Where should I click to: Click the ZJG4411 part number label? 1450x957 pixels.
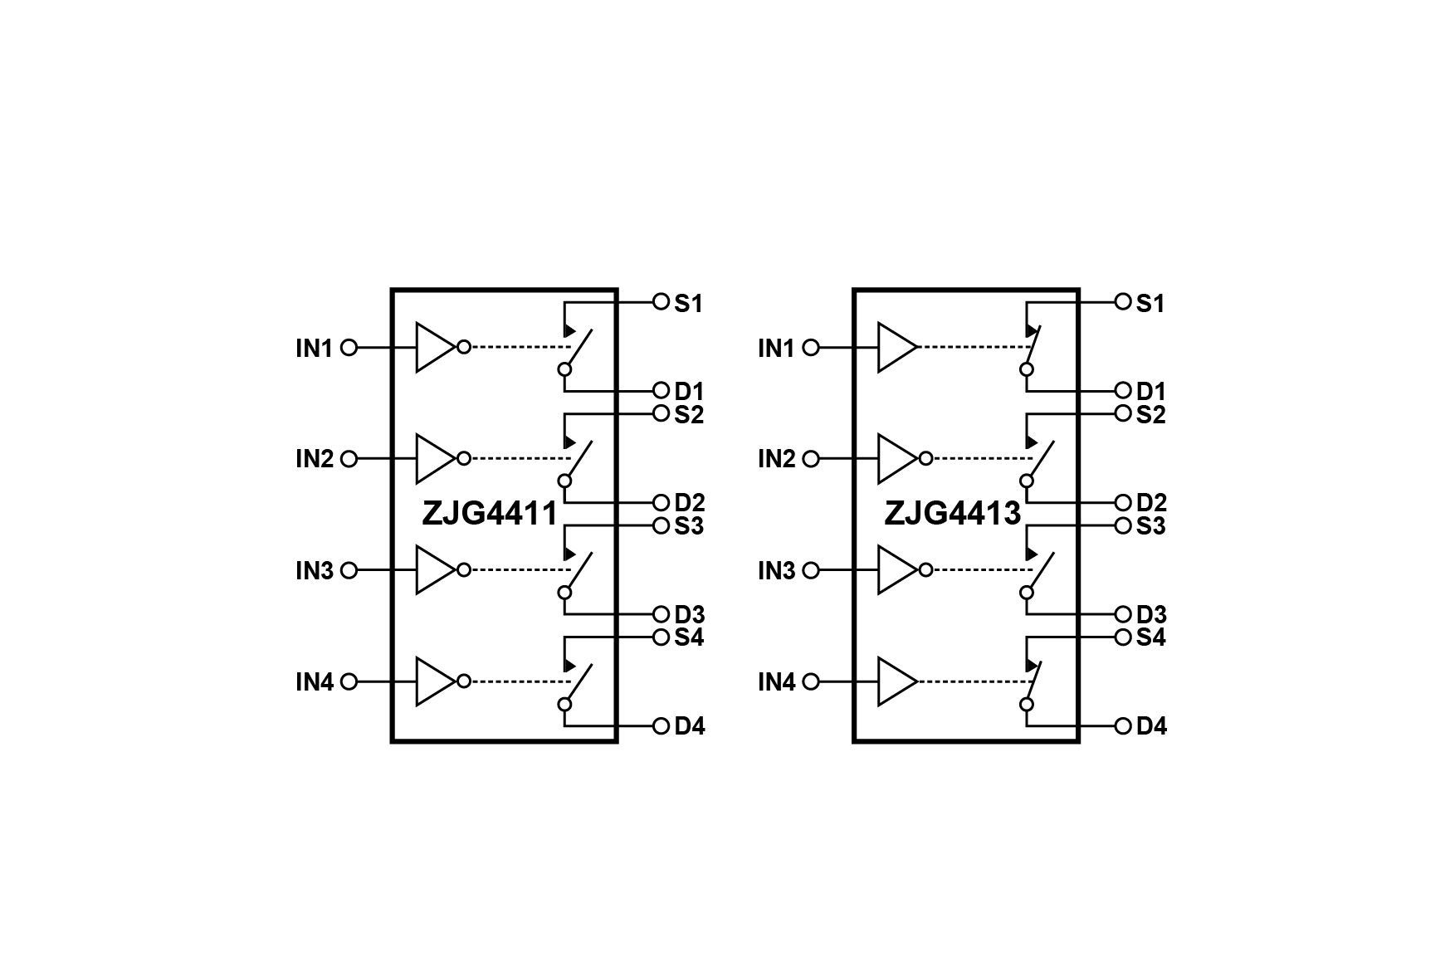[x=490, y=514]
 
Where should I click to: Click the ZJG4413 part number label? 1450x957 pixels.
[x=952, y=514]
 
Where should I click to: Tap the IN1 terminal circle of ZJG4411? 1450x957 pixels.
[x=349, y=348]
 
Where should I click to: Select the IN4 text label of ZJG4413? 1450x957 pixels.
[x=777, y=682]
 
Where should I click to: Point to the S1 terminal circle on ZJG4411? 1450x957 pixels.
[x=661, y=302]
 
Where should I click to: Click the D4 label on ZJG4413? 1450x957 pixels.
[x=1151, y=726]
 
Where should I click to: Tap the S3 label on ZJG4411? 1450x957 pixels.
[x=689, y=526]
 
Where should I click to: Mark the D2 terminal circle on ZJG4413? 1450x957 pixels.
[x=1123, y=503]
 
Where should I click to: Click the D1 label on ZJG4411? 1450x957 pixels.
[x=689, y=391]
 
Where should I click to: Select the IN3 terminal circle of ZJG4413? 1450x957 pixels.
[x=812, y=571]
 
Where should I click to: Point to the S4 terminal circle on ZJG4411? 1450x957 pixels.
[x=661, y=637]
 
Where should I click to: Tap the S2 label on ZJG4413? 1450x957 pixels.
[x=1151, y=414]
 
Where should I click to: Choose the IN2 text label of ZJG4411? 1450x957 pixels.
[x=315, y=459]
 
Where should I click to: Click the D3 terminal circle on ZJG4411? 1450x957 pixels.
[x=661, y=615]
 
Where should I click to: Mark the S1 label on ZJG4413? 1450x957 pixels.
[x=1150, y=304]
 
